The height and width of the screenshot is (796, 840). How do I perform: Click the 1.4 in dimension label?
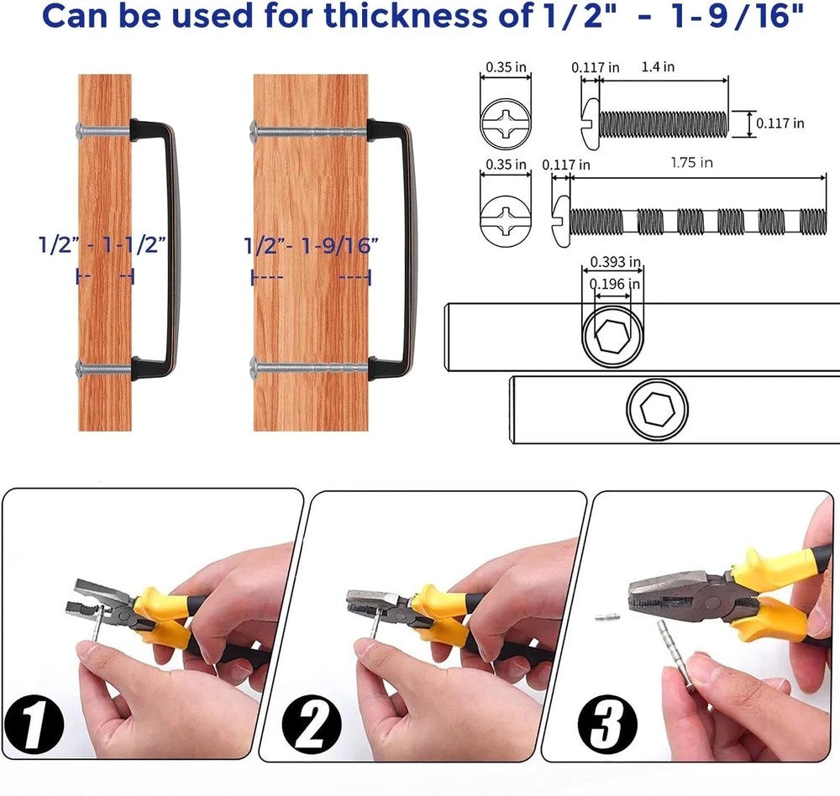658,67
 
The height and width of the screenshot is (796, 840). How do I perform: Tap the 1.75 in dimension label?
691,162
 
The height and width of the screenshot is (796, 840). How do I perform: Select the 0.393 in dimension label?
615,262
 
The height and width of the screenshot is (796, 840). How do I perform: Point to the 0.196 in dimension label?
615,284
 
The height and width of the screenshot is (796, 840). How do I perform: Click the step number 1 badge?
34,725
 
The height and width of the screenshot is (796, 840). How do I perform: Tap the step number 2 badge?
311,725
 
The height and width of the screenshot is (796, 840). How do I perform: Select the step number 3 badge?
607,725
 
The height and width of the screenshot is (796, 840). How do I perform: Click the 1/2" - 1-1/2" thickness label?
102,245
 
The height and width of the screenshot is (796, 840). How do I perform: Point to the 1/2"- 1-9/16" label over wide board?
311,246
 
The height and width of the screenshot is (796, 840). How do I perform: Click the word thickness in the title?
406,15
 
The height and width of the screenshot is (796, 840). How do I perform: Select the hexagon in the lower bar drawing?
657,408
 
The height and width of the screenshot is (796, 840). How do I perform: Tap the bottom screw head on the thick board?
255,368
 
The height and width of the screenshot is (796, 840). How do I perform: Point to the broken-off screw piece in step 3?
607,618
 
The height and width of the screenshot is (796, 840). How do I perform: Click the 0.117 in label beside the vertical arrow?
780,123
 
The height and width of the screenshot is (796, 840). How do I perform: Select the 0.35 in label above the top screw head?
506,67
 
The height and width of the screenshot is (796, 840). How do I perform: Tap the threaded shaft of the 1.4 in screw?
664,124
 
